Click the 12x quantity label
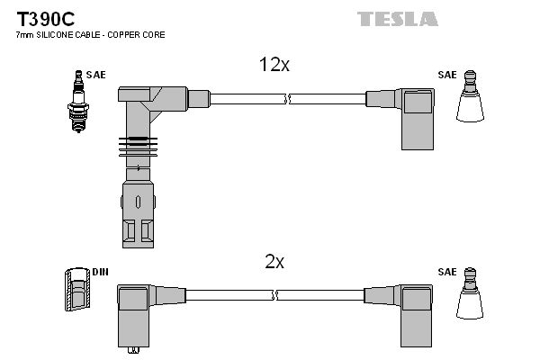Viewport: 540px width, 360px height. tap(274, 65)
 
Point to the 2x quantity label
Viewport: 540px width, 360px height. tap(274, 262)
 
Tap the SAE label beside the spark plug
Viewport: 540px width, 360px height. tap(96, 75)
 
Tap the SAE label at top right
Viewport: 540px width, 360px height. tap(447, 76)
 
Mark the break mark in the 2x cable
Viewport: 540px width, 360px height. tap(276, 293)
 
